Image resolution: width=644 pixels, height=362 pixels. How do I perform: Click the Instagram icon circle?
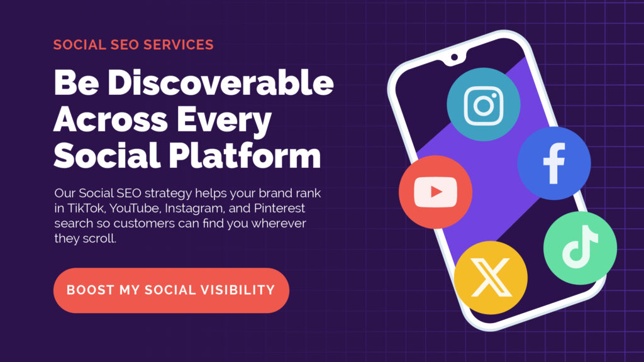tap(484, 104)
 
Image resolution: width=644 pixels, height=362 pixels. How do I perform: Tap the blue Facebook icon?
tap(554, 163)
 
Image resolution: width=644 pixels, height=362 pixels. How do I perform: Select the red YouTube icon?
tap(435, 192)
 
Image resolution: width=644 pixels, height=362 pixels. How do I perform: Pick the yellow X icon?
tap(491, 277)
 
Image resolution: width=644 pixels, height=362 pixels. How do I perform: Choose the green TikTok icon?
tap(580, 248)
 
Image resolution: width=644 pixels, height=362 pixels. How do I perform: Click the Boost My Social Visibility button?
tap(171, 290)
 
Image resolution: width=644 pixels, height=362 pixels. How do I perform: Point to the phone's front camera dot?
tap(454, 57)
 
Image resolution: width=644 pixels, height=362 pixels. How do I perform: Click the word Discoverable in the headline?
tap(221, 82)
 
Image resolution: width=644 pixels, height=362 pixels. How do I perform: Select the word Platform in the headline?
tap(245, 155)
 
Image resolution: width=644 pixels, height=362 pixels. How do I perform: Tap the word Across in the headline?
tap(111, 119)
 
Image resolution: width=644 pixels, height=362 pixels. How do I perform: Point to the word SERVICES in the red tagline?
tap(179, 45)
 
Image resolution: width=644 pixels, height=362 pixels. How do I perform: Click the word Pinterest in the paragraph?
tap(279, 208)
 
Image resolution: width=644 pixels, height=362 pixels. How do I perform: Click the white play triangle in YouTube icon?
tap(436, 192)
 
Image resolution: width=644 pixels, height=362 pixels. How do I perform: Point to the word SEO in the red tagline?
tap(127, 45)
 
